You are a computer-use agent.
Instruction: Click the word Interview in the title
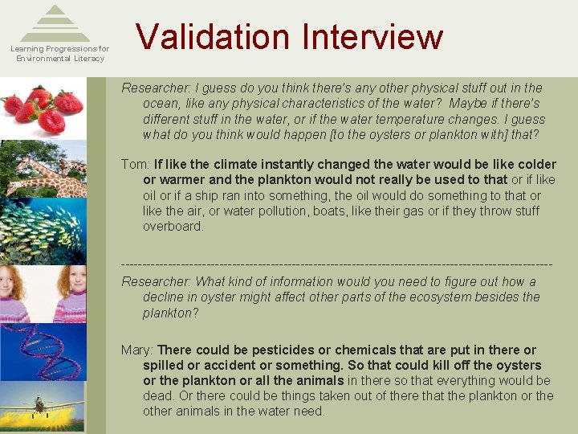(x=372, y=37)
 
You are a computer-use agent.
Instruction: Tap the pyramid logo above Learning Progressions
(x=55, y=24)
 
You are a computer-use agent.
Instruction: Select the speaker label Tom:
(x=136, y=165)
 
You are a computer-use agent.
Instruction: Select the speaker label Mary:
(x=137, y=350)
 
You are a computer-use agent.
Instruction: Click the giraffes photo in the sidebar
(x=43, y=171)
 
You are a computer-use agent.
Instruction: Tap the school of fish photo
(x=43, y=232)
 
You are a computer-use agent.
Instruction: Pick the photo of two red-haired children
(x=43, y=293)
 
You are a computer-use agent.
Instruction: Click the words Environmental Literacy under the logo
(x=60, y=58)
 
